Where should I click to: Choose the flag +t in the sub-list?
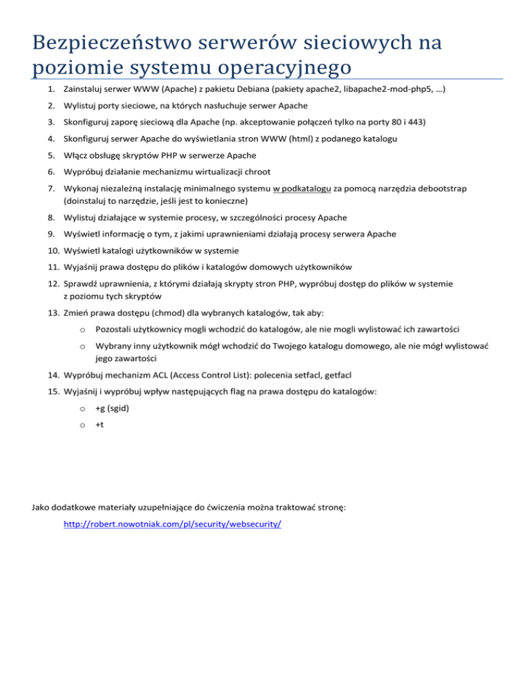[x=101, y=425]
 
